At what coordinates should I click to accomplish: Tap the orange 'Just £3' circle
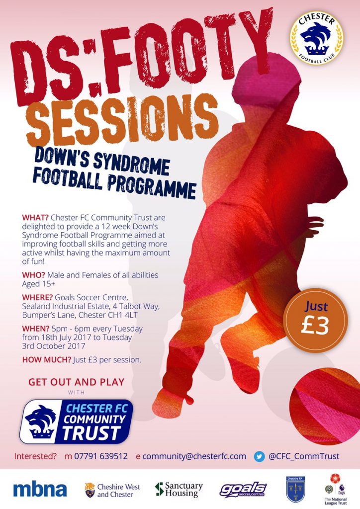point(315,320)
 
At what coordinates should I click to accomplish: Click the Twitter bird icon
point(259,457)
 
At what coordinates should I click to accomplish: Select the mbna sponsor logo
point(40,490)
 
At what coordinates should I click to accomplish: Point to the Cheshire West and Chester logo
point(112,491)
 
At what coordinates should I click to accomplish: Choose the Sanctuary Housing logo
point(179,490)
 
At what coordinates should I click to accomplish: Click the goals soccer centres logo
point(243,490)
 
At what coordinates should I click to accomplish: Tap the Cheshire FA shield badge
point(295,489)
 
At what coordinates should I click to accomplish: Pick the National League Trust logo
point(336,489)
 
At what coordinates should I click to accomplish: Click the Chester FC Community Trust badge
point(76,422)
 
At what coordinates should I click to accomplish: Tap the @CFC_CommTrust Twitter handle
point(304,456)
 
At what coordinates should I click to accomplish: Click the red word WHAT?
point(35,217)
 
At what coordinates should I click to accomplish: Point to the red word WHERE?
point(37,297)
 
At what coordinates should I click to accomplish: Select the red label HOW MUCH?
point(47,360)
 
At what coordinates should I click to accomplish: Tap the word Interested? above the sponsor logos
point(35,456)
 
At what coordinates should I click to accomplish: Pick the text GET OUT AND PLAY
point(76,382)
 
